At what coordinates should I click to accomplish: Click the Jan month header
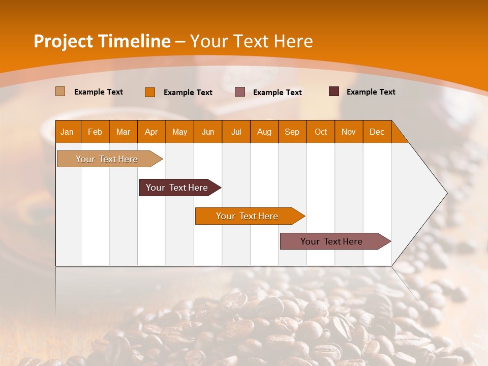click(67, 132)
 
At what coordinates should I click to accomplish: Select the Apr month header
click(151, 132)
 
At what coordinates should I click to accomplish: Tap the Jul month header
click(236, 132)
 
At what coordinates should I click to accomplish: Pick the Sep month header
click(292, 132)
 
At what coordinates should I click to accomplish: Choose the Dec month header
click(377, 132)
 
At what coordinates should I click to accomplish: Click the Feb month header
click(95, 132)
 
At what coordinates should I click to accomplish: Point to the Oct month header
click(321, 132)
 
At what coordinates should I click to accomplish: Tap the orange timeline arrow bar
click(248, 216)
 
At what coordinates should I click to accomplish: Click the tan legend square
click(60, 91)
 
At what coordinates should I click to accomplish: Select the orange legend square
click(150, 92)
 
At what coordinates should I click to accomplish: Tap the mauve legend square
click(240, 92)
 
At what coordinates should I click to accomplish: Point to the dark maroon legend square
click(334, 91)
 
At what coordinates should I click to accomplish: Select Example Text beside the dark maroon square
click(371, 92)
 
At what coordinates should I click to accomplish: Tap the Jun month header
click(208, 132)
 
